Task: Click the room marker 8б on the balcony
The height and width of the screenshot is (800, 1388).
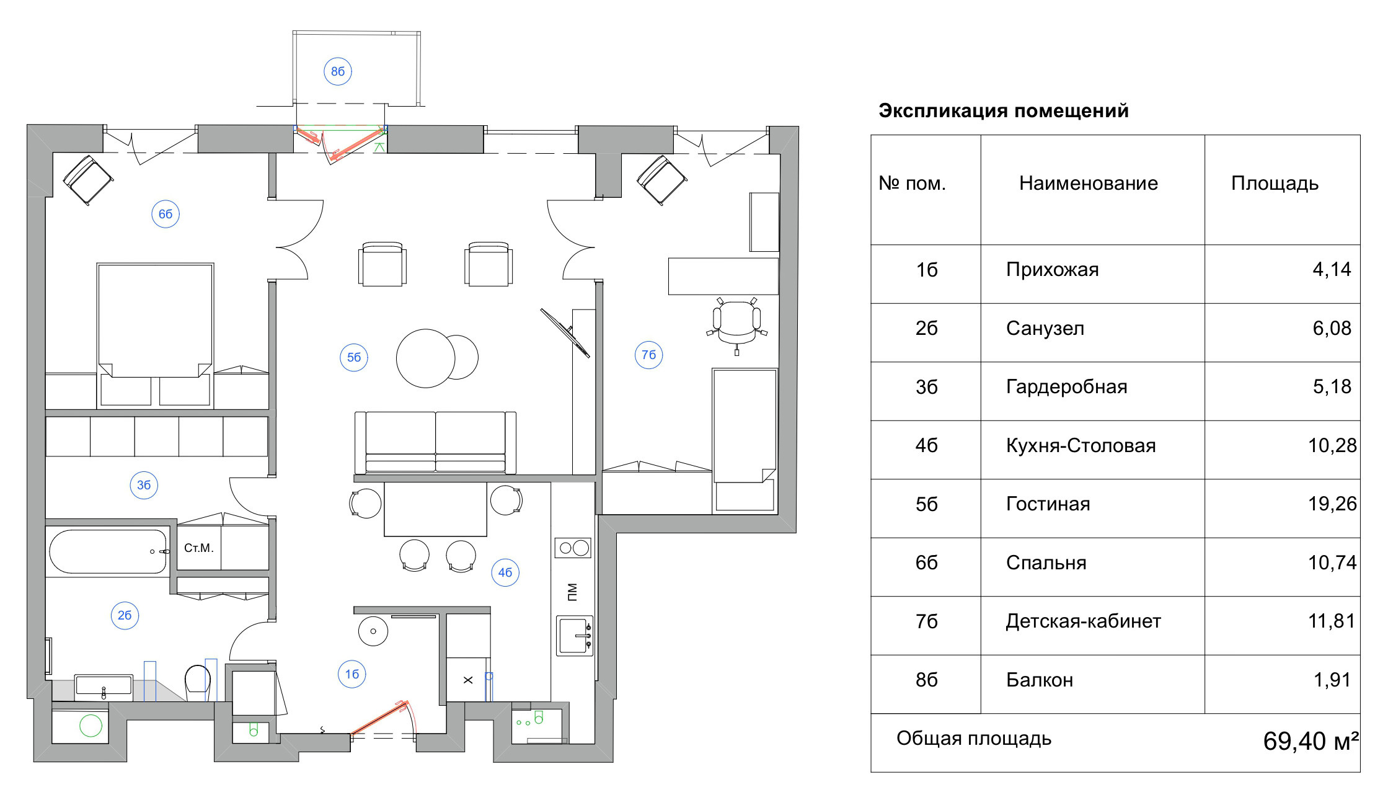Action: (x=338, y=71)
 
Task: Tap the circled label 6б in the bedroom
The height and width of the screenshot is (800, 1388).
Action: (x=166, y=214)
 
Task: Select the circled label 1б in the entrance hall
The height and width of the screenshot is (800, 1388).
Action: (x=351, y=674)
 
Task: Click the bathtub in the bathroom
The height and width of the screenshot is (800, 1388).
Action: (x=108, y=551)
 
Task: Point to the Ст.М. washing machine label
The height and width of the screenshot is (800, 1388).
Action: (x=198, y=548)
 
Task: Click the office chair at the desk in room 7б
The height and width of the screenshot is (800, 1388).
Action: (x=737, y=321)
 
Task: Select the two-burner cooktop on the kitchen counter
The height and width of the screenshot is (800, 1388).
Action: (x=573, y=548)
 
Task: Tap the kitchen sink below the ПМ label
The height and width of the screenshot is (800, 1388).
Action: (x=575, y=636)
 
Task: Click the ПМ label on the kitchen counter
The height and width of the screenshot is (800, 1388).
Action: (x=572, y=592)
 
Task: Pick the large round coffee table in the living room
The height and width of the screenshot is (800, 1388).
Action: (x=426, y=358)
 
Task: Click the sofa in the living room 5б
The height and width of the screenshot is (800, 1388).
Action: (x=435, y=443)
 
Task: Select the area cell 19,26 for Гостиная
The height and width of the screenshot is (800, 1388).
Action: (x=1332, y=504)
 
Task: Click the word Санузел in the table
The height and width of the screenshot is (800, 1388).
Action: (x=1045, y=328)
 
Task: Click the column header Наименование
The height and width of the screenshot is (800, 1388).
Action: (x=1088, y=183)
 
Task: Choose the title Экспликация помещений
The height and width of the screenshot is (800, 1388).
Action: (x=1003, y=111)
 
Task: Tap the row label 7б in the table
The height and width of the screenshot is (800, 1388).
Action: (x=926, y=621)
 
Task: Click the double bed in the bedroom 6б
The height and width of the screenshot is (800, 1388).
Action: (x=156, y=322)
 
